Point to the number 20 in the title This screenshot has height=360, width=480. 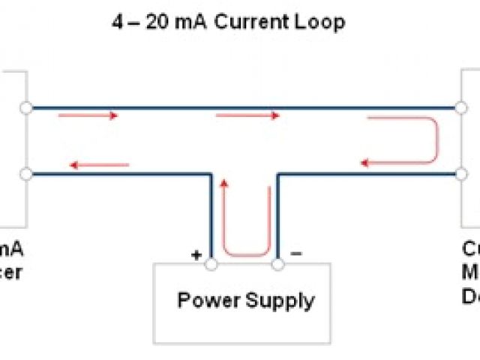[x=162, y=22]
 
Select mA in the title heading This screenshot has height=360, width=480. [x=193, y=22]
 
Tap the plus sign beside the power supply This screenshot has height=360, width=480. [x=196, y=255]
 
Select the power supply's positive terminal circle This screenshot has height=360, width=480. [x=211, y=264]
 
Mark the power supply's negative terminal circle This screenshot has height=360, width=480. [x=278, y=264]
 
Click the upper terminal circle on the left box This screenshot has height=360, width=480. [x=26, y=108]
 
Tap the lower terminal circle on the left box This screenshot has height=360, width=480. [x=26, y=174]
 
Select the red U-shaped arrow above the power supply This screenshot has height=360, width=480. [x=244, y=225]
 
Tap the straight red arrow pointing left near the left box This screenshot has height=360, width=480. [x=97, y=165]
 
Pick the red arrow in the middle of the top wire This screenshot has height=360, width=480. [x=247, y=115]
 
